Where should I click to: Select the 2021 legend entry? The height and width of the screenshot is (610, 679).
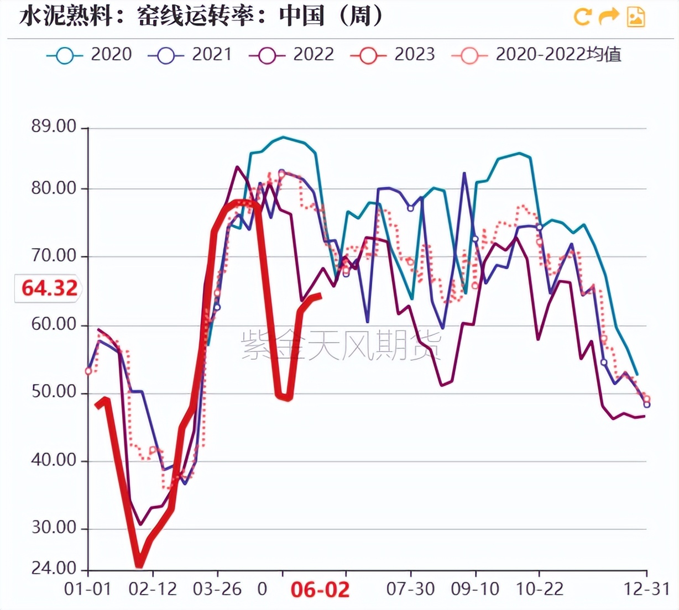click(190, 55)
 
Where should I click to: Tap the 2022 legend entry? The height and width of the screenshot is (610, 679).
click(292, 55)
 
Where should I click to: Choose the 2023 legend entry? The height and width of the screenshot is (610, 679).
click(393, 55)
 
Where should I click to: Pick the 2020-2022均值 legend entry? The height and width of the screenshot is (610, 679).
click(537, 55)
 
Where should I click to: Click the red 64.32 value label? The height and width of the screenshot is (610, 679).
click(49, 288)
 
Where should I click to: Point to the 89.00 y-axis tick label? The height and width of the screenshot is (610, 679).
click(54, 127)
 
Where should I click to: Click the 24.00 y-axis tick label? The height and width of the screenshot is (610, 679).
click(54, 567)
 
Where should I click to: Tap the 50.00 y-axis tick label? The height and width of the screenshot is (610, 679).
click(54, 392)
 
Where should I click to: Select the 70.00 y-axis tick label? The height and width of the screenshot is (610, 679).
click(54, 256)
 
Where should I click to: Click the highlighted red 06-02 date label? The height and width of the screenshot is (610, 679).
click(320, 590)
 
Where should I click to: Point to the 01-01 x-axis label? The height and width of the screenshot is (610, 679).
click(88, 589)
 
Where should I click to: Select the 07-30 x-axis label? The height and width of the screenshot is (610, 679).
click(410, 589)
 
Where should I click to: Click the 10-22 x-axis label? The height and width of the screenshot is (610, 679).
click(539, 589)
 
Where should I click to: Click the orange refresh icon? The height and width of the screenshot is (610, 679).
click(582, 17)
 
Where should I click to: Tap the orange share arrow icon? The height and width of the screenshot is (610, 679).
click(609, 17)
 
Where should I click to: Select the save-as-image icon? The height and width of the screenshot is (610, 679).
click(636, 17)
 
